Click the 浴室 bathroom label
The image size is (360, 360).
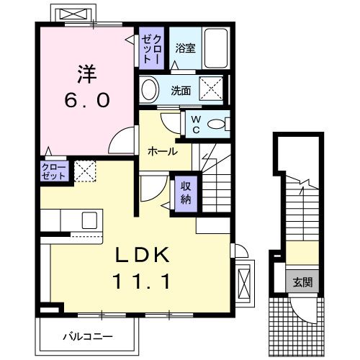(x=185, y=49)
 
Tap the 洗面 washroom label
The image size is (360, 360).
(x=181, y=91)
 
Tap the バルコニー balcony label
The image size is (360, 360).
(x=87, y=336)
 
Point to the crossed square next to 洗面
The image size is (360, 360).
(x=212, y=91)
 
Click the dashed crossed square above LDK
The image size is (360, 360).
(x=85, y=171)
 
